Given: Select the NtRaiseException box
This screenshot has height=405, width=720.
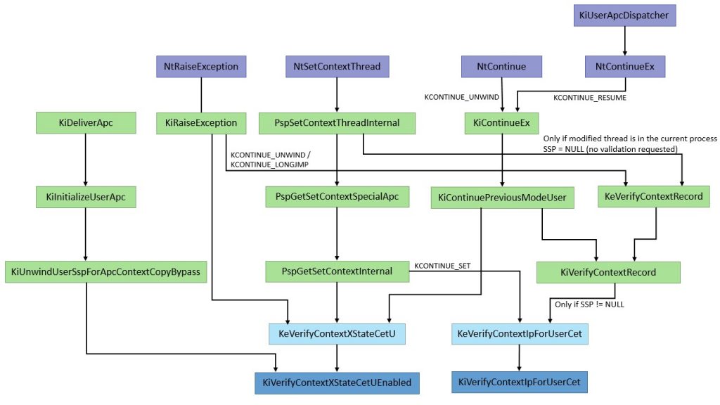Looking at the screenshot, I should point(201,67).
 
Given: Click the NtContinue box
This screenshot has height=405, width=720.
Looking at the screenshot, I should point(501,67).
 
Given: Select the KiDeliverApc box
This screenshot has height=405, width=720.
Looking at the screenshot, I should point(85,123).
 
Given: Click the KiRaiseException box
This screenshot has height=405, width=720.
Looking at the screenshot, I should point(201,123).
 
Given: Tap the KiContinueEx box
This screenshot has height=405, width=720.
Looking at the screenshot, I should point(501,123).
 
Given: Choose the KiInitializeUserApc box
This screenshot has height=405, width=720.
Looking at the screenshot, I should point(85,198).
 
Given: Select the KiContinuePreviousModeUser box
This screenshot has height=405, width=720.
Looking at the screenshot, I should point(502,198).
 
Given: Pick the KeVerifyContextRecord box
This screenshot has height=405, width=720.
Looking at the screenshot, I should point(653,197).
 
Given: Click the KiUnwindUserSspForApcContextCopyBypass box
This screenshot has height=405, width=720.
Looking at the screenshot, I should point(106,271).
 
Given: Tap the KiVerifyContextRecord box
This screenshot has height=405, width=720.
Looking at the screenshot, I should point(608,272).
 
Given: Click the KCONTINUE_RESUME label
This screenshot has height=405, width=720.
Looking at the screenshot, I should point(590,98).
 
